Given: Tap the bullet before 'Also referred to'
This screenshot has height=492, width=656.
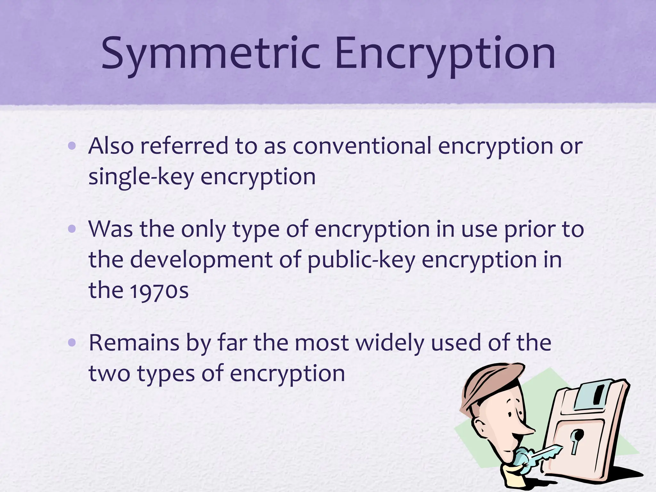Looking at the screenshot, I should [x=72, y=146].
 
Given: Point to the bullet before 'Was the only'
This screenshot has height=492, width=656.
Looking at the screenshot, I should [x=72, y=229].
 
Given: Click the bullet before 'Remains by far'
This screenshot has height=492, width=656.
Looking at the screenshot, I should [x=72, y=343].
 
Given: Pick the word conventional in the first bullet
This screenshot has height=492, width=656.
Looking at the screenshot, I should [x=362, y=146].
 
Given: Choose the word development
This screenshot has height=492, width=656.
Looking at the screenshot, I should [x=201, y=260].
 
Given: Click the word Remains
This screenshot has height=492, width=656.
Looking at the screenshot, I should [x=134, y=343].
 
